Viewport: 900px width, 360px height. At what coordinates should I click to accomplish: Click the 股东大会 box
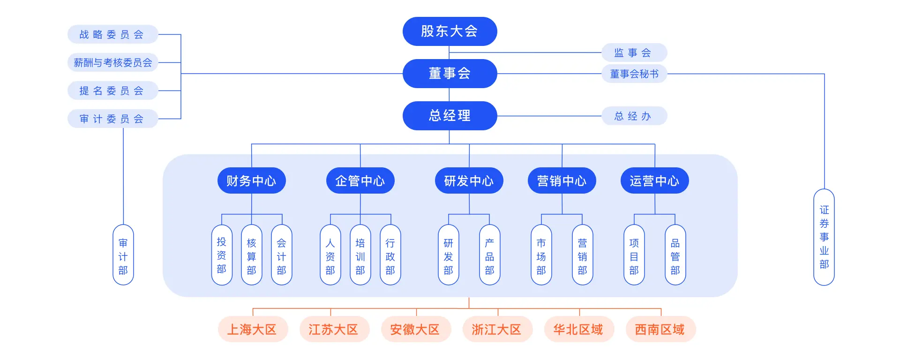(x=450, y=31)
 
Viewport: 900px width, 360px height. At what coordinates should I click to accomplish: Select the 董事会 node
(x=450, y=74)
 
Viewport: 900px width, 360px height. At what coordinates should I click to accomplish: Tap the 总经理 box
(x=450, y=116)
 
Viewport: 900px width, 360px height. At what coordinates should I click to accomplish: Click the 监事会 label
(x=634, y=53)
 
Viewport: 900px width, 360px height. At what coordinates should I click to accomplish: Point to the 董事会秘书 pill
(x=634, y=74)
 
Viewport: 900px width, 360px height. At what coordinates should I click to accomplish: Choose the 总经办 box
(x=634, y=116)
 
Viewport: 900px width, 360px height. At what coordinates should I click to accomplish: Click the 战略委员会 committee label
(x=112, y=35)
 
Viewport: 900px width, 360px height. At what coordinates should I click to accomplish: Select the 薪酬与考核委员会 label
(x=112, y=63)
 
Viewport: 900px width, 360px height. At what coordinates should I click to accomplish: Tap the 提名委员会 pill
(x=112, y=91)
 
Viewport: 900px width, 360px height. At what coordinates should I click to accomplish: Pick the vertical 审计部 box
(x=123, y=255)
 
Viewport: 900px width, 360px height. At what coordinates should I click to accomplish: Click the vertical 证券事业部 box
(x=824, y=237)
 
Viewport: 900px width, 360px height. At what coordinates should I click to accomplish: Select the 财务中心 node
(x=252, y=180)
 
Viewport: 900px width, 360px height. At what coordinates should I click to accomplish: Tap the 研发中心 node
(x=469, y=180)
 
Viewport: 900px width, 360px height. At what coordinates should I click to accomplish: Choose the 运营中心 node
(x=655, y=180)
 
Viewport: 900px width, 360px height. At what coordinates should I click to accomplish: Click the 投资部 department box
(x=222, y=255)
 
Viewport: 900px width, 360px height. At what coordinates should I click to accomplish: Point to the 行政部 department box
(x=390, y=255)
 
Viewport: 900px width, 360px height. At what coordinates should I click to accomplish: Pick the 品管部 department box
(x=675, y=255)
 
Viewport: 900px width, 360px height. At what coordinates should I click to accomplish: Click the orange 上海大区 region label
(x=252, y=330)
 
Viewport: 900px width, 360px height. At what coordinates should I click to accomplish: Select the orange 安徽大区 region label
(x=415, y=330)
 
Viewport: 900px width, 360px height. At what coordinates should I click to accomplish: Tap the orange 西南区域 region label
(x=660, y=330)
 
